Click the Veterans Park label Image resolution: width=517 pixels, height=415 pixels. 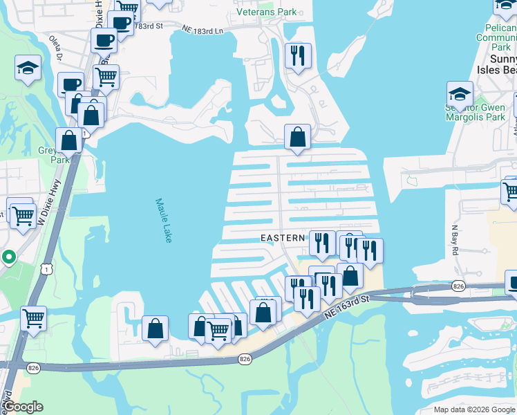(x=267, y=12)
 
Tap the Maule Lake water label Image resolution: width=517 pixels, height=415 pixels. (x=163, y=220)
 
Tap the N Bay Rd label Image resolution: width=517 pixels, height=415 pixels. (x=455, y=239)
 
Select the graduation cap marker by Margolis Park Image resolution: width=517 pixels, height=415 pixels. (x=460, y=93)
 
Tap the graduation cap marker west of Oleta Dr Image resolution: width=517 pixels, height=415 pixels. (x=28, y=68)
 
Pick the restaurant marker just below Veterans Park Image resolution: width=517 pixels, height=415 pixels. (x=298, y=56)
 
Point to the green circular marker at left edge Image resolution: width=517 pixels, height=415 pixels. (x=8, y=257)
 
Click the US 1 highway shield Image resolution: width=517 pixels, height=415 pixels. (x=46, y=265)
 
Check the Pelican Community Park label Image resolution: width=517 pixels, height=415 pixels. (x=496, y=39)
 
